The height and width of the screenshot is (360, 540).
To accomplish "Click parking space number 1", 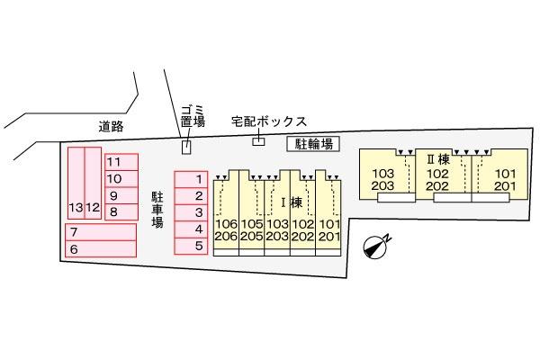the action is tap(191, 179).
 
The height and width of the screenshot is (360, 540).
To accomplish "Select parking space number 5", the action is tap(191, 246).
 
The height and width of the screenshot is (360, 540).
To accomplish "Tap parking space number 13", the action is tap(76, 183).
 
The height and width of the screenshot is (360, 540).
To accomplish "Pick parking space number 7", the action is tap(101, 232).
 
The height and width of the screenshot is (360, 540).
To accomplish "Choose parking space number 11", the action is tap(121, 162).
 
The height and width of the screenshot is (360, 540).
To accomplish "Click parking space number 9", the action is tap(121, 195).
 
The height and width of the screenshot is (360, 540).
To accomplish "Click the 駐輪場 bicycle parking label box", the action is tap(313, 144).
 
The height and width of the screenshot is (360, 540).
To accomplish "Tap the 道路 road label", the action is tap(111, 126).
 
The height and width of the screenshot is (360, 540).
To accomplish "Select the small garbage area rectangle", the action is tap(186, 147).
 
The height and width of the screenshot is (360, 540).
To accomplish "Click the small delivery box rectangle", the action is tap(258, 141).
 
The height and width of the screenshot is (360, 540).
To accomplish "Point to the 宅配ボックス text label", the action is tap(268, 121).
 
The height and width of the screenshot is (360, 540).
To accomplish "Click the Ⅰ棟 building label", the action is tap(292, 202).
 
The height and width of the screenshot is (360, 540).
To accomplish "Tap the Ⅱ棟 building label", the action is tap(438, 159).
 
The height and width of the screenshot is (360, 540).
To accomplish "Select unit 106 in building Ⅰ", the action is tap(226, 224).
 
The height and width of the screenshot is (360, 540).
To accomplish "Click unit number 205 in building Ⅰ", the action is tap(252, 237).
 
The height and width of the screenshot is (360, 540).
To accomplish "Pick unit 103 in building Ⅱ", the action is tap(382, 174).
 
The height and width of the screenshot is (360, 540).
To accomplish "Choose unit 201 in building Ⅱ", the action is tap(505, 186).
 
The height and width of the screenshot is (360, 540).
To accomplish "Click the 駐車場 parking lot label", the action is tap(157, 210).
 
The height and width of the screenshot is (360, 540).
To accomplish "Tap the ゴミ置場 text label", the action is tap(193, 116).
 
